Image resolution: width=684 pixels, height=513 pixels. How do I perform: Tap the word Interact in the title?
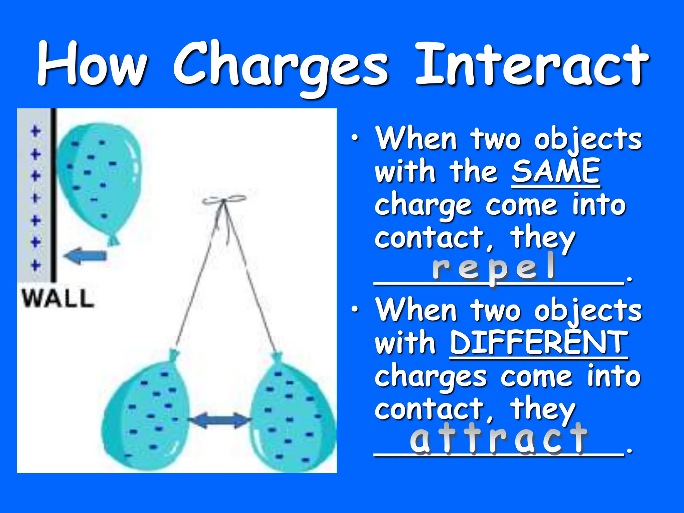point(531,65)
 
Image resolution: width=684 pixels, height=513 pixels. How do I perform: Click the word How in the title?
point(92,63)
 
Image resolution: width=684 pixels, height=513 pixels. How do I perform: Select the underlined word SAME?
point(556,171)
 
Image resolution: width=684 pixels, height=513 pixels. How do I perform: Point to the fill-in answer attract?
point(498,438)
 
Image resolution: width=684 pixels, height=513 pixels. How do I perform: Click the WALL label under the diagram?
point(58,298)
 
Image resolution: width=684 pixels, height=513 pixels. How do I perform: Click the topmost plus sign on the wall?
point(36,131)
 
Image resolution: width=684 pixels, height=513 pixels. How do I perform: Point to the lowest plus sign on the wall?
point(36,266)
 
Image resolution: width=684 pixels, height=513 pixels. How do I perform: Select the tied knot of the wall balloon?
point(114,240)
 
